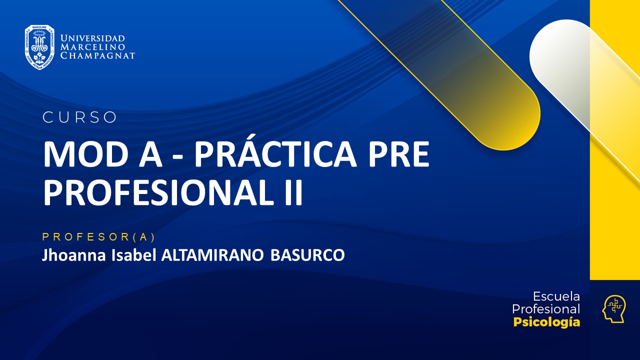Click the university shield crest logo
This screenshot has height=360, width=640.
click(39, 47)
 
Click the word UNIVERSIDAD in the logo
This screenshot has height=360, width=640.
click(92, 38)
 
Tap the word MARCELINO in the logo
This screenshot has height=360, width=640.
click(92, 47)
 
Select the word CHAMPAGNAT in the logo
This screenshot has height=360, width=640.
click(97, 55)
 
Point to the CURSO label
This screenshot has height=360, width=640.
click(80, 117)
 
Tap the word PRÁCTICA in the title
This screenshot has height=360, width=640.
click(275, 155)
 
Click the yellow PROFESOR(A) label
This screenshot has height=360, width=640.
click(99, 237)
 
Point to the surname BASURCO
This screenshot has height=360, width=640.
click(307, 255)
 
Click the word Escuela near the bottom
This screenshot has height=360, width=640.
click(556, 296)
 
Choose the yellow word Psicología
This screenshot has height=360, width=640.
click(546, 322)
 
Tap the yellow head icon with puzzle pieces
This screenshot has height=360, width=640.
click(613, 308)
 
